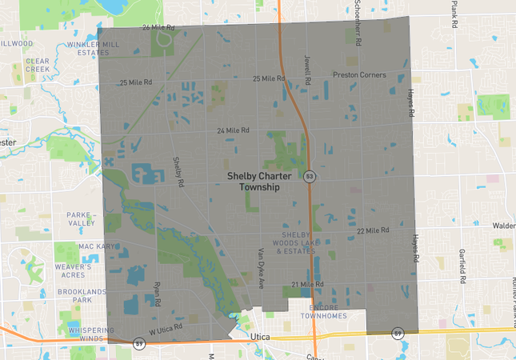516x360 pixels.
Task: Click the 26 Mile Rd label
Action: coord(157,27)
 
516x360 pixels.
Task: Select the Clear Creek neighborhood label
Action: coord(38,65)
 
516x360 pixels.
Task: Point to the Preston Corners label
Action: coord(359,75)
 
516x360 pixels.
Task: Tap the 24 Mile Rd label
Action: coord(234,130)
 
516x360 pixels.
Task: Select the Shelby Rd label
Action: coord(178,171)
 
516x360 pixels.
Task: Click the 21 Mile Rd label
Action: coord(307,284)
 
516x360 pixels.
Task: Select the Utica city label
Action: coord(260,338)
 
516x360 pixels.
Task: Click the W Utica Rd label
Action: coord(166,328)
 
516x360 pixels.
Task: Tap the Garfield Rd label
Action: coord(462,267)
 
